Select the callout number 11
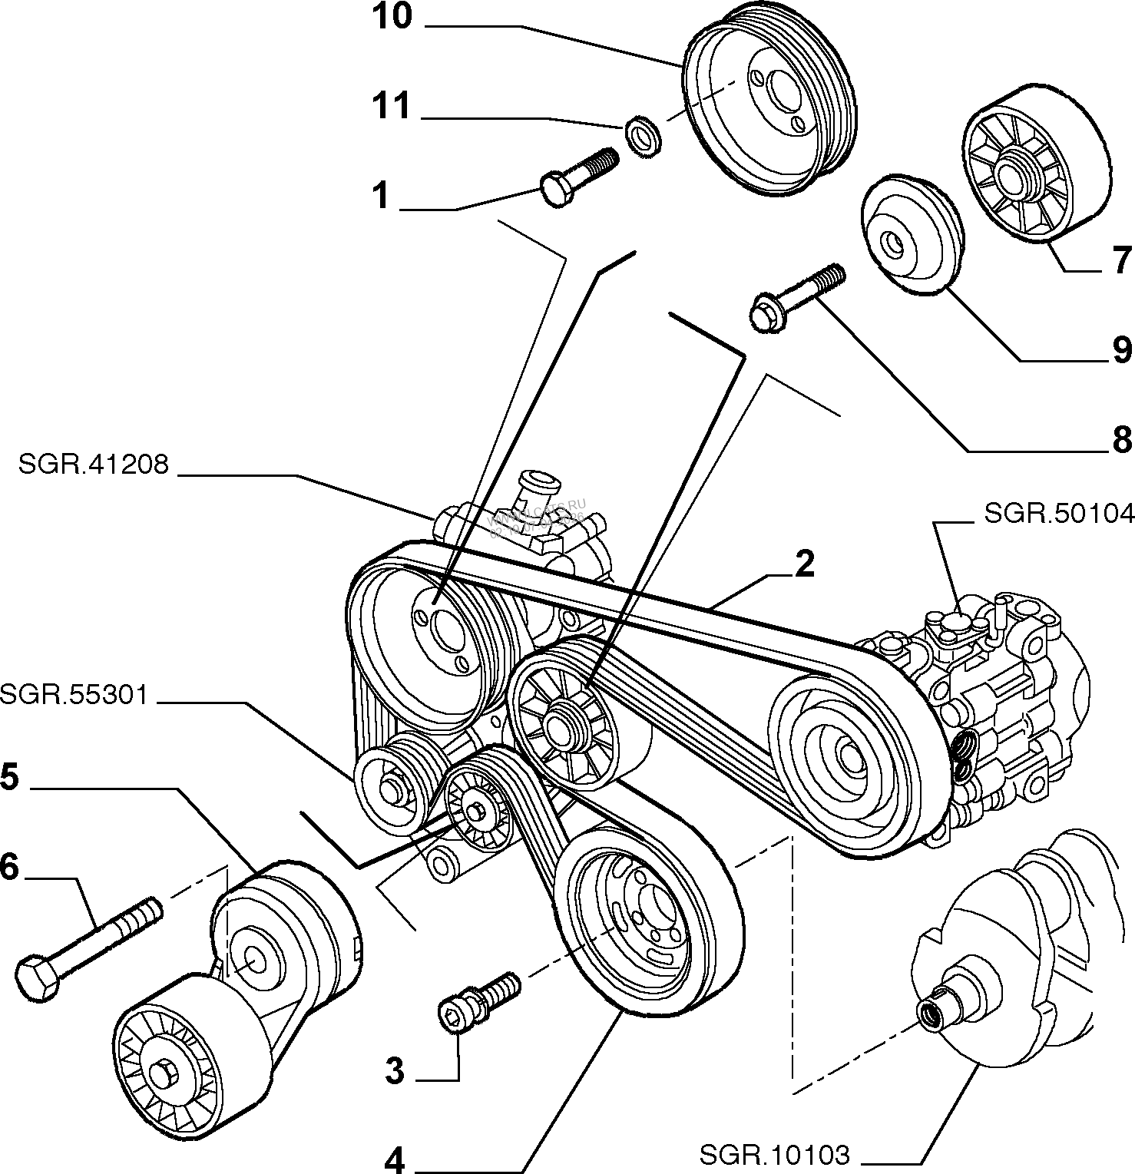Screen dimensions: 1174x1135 point(392,107)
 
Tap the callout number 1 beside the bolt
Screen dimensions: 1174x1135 point(382,197)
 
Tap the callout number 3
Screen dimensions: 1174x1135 point(394,1071)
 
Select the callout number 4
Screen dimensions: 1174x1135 point(394,1162)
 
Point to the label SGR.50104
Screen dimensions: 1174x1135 point(1059,513)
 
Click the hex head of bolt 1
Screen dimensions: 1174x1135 point(554,190)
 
